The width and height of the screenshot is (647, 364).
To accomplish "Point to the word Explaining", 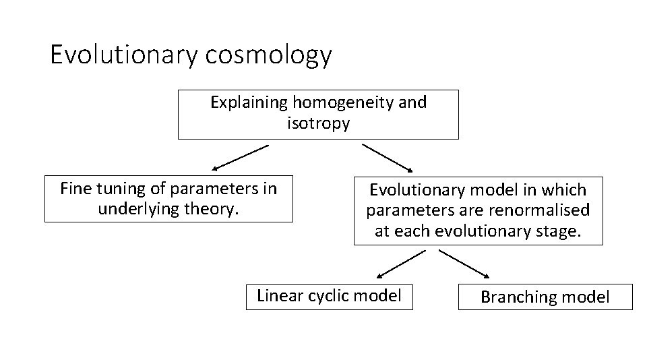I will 249,102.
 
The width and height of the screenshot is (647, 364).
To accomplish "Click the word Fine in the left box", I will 74,188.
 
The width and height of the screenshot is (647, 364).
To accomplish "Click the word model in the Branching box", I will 586,297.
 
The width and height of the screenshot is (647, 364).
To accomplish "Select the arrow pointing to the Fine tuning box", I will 240,156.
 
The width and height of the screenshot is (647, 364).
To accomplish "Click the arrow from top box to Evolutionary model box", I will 390,157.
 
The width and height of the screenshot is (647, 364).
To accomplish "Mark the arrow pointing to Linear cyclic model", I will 401,264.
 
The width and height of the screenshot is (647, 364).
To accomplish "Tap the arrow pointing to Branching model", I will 465,264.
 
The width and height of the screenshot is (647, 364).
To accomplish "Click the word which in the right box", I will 567,190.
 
